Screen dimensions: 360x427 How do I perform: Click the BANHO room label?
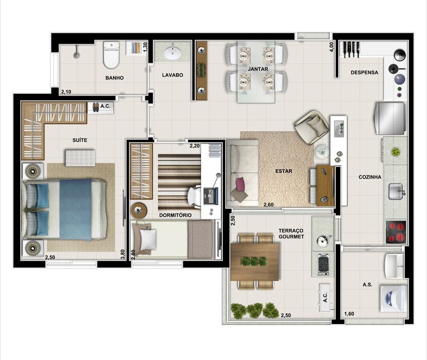[x=114, y=78]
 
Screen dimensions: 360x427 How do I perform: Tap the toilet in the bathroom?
[x=111, y=55]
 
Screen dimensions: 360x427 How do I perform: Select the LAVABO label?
[x=173, y=75]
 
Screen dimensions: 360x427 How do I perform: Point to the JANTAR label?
[x=258, y=69]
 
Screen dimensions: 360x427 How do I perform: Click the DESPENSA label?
[x=364, y=73]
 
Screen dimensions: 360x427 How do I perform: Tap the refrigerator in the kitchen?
[x=389, y=118]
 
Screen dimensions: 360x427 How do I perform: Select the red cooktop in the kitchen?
[x=395, y=232]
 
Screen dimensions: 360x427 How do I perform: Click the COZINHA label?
[x=370, y=177]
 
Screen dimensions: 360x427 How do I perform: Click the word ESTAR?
[x=284, y=171]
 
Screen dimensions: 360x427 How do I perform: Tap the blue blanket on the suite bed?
[x=76, y=209]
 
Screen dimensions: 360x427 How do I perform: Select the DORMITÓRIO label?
[x=175, y=215]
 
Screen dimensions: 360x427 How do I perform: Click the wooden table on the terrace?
[x=254, y=261]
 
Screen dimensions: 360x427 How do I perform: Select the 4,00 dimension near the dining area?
[x=331, y=46]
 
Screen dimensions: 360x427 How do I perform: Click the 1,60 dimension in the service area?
[x=349, y=314]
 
